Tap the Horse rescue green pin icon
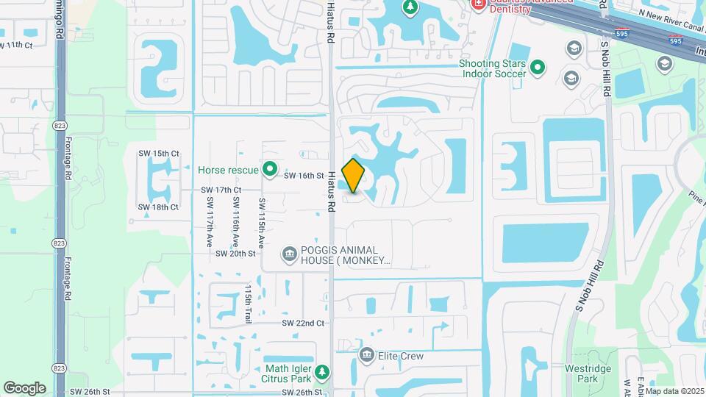click(270, 170)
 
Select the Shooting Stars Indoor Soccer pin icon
click(538, 68)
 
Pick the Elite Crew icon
click(366, 356)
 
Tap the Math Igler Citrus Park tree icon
click(321, 372)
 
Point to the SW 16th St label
click(304, 176)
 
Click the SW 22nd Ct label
click(303, 323)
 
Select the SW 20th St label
click(235, 254)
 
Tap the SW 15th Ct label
click(159, 154)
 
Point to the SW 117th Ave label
click(210, 221)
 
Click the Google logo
click(24, 388)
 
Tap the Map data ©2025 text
click(674, 391)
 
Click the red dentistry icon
click(478, 4)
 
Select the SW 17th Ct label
click(221, 190)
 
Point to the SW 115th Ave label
click(261, 221)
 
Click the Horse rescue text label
click(228, 170)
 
